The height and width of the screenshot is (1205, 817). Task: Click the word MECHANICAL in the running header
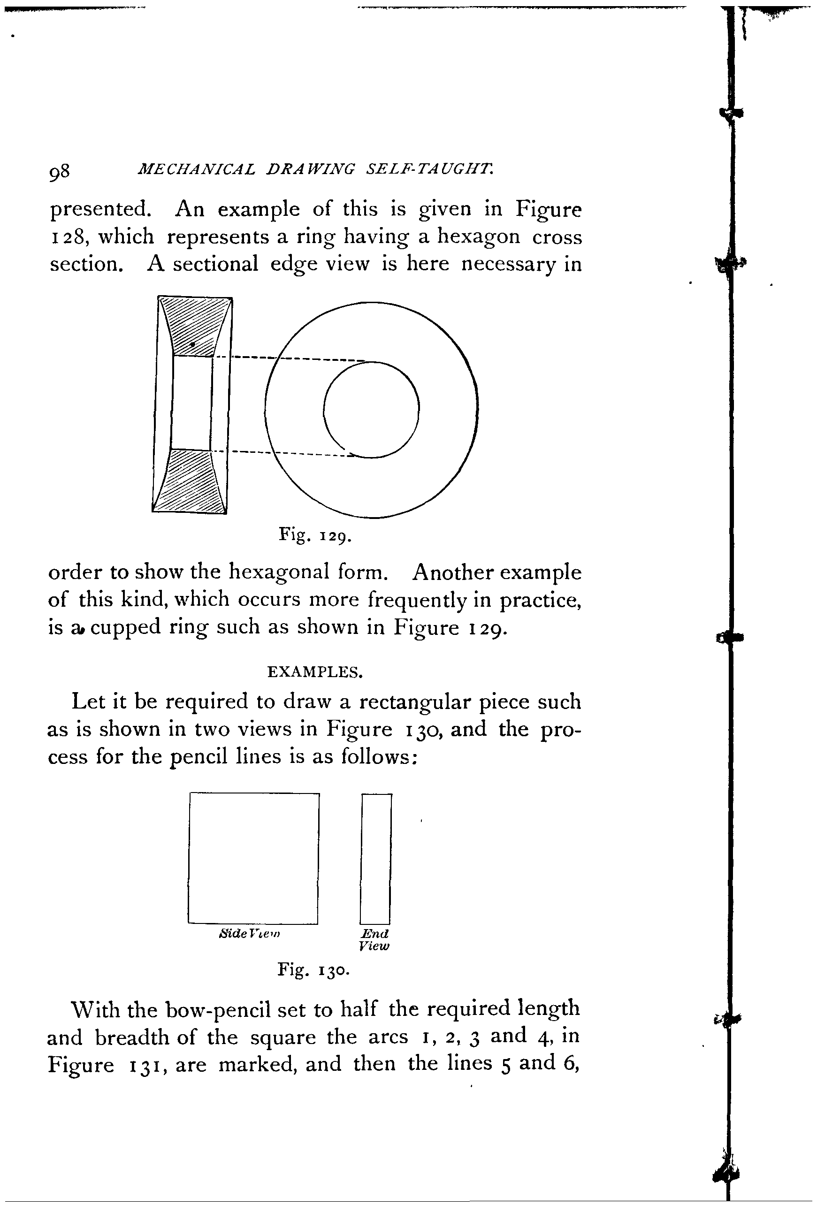(196, 169)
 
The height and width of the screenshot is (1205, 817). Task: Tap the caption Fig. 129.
(315, 534)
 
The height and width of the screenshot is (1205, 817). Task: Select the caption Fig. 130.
(313, 969)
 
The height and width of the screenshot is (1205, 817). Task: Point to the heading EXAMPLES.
(315, 672)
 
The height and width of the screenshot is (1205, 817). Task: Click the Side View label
(249, 934)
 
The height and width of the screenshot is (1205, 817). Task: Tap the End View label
(374, 939)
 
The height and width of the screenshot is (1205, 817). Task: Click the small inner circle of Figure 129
(371, 410)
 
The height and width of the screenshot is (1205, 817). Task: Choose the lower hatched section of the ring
(190, 482)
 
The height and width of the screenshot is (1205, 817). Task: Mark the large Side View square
(253, 858)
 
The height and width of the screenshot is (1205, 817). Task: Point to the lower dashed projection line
(290, 454)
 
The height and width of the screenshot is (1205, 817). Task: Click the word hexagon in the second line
(478, 236)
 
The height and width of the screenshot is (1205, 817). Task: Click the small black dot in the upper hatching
(192, 344)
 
